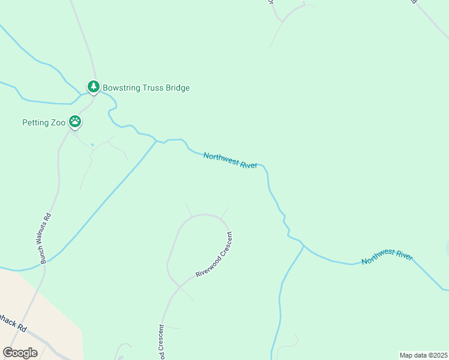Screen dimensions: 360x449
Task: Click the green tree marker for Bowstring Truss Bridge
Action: (93, 87)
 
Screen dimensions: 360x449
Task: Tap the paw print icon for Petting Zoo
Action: (74, 122)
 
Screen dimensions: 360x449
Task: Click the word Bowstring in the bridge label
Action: (122, 88)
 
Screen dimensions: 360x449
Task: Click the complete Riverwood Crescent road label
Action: (214, 254)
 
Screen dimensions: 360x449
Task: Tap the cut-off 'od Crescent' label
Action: (161, 343)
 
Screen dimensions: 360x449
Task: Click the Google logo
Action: (20, 352)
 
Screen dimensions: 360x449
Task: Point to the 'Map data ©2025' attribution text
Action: (423, 355)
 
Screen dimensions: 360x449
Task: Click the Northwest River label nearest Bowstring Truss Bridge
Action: (231, 160)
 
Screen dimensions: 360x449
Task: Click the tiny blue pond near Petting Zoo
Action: (92, 145)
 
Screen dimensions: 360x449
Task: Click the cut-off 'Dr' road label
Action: (271, 2)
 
